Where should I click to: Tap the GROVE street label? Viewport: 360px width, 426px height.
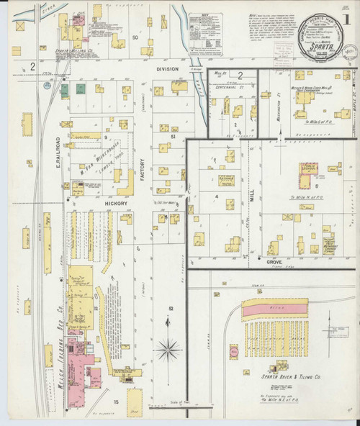coord(274,263)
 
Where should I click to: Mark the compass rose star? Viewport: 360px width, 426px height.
coord(168,350)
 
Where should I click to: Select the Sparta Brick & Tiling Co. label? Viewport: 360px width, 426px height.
coord(286,375)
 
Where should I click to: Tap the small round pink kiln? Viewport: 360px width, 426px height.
coord(234,353)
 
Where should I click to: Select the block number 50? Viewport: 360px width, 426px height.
coord(135,35)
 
